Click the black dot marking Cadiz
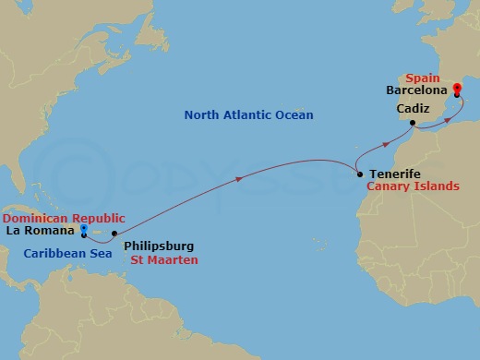tap(411, 123)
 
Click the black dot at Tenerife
tap(358, 174)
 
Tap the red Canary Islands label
tap(413, 186)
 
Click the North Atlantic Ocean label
tap(248, 115)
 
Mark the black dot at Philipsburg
tap(114, 234)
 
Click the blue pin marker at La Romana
tap(84, 230)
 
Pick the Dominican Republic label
tap(63, 217)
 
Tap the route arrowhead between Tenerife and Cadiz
tap(384, 145)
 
